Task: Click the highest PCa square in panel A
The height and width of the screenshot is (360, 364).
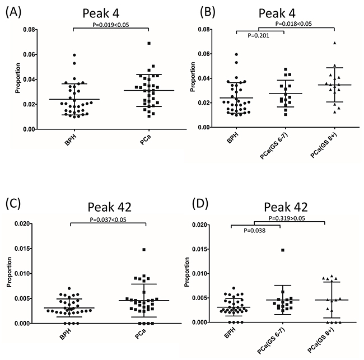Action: tap(150, 43)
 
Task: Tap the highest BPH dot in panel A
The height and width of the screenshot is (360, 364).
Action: tap(74, 55)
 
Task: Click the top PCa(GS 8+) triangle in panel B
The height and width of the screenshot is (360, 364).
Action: tap(334, 43)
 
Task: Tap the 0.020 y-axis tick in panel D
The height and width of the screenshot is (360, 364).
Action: tap(212, 224)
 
